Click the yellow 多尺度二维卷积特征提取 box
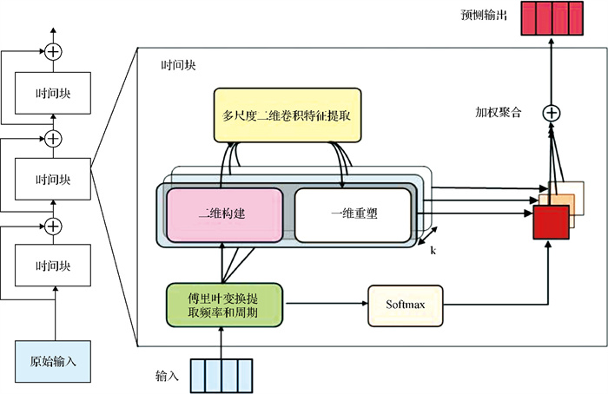coord(287,115)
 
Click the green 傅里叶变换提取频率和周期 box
coord(225,304)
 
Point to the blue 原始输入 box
coord(53,360)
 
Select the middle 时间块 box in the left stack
coord(53,180)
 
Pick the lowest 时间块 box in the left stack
coord(53,266)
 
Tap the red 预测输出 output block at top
coord(551,20)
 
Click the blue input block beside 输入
coord(222,376)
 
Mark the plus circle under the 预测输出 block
coord(551,112)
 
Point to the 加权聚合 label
coord(498,113)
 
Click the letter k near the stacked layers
coord(433,250)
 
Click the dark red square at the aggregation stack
coord(551,222)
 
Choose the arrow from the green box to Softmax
coord(326,304)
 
